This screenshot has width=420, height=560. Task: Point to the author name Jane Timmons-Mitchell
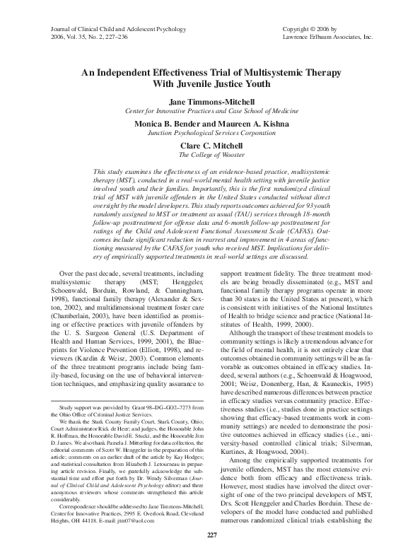(x=210, y=103)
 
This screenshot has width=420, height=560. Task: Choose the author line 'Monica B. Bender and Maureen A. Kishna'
(x=210, y=122)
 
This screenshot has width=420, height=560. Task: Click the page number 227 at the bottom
(x=210, y=533)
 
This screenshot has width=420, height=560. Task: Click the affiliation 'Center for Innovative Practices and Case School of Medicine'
(x=210, y=112)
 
